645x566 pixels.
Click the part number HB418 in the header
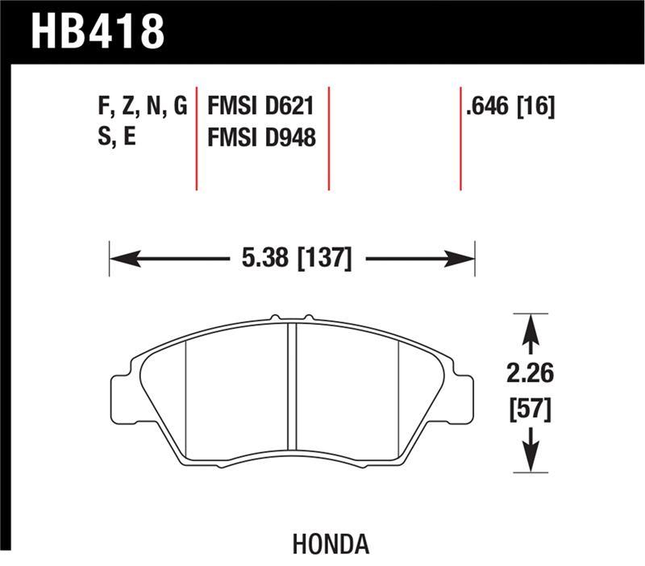click(x=98, y=31)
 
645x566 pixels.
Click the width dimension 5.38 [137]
click(x=296, y=260)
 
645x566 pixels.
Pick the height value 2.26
click(x=530, y=375)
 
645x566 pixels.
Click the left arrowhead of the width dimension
click(x=118, y=260)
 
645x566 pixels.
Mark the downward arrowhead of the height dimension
click(x=530, y=463)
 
